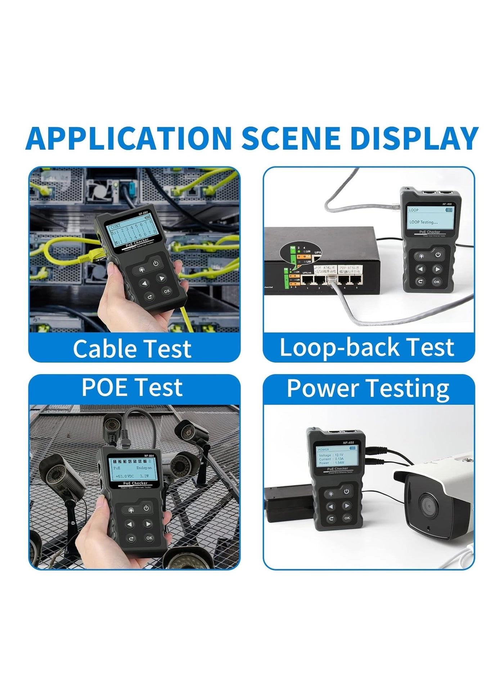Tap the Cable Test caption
(x=132, y=348)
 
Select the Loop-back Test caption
(x=367, y=347)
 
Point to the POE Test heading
(x=132, y=387)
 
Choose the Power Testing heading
(x=368, y=388)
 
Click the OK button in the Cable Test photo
(x=166, y=291)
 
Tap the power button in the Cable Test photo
(x=156, y=263)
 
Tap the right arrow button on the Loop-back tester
(x=437, y=269)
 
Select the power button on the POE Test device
(x=146, y=508)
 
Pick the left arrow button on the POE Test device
(x=130, y=524)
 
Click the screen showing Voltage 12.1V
(x=337, y=455)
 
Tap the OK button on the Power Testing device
(x=347, y=518)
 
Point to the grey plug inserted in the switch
(x=332, y=279)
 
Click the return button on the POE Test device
(x=131, y=539)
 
